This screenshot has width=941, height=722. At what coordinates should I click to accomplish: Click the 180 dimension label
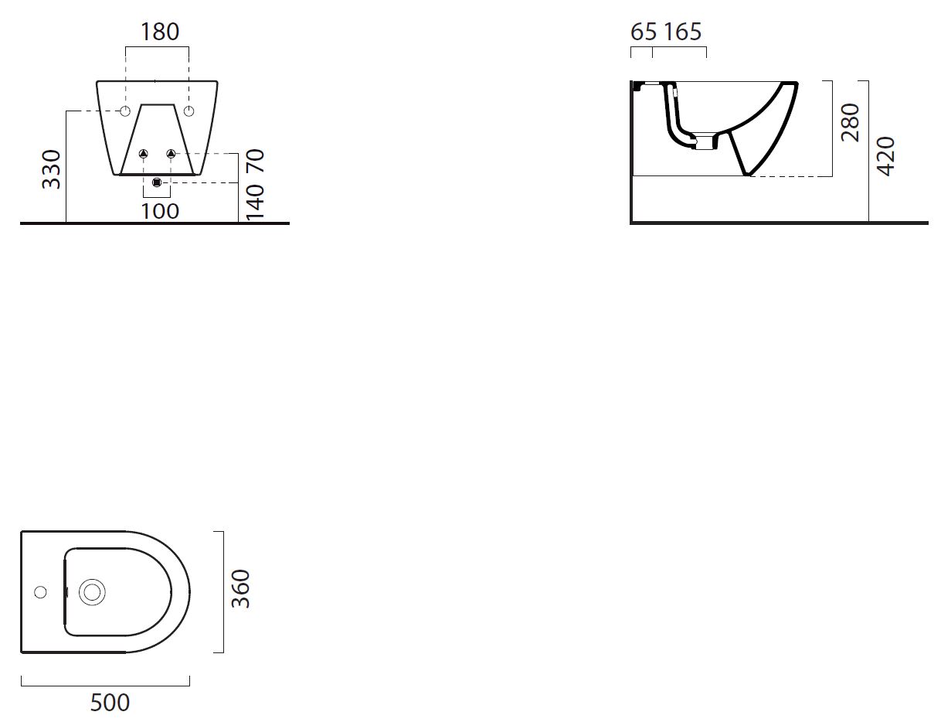coord(160,32)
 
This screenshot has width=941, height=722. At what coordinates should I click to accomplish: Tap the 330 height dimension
coord(52,169)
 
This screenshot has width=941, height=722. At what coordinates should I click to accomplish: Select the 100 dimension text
coord(160,211)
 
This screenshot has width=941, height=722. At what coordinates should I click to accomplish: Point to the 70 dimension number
coord(255,161)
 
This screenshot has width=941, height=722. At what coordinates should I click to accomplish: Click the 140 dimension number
coord(255,202)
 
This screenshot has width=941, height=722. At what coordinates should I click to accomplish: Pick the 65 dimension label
coord(644,32)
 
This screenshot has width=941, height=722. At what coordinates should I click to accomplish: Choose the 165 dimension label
coord(682,32)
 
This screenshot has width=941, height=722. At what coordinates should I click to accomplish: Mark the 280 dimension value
coord(850,123)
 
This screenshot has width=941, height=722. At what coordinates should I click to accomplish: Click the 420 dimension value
coord(885,156)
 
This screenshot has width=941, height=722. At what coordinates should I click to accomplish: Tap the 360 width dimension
coord(241,589)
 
